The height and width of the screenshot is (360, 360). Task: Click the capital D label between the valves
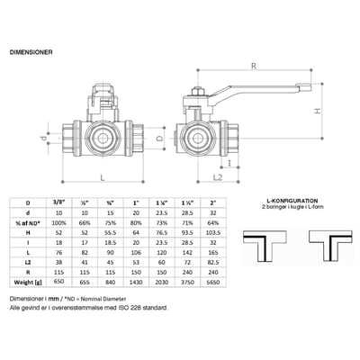click(158, 140)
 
